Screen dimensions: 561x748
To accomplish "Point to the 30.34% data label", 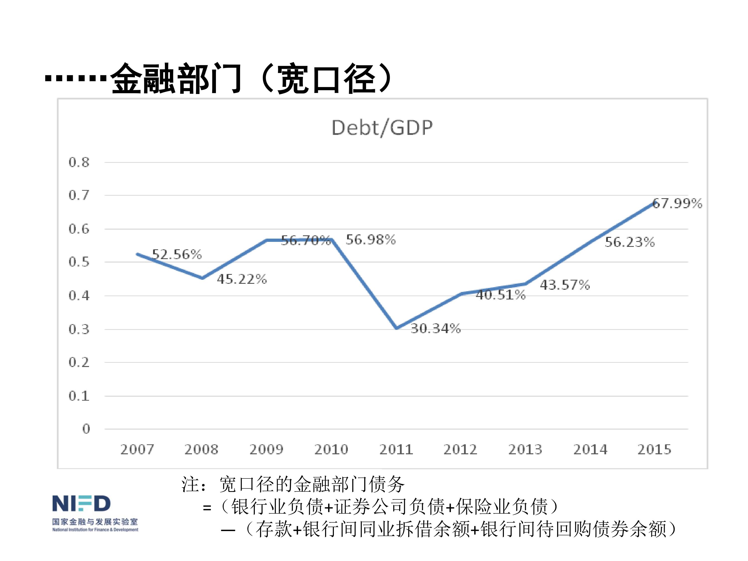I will [x=436, y=328].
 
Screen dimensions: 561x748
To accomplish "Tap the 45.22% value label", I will [x=242, y=279].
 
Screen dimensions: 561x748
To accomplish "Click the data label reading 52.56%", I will [x=177, y=254].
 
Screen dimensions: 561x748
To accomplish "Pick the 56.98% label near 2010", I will [x=371, y=240].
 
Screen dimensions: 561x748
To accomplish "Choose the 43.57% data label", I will [x=565, y=285].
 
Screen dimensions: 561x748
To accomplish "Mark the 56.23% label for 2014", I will [x=630, y=242].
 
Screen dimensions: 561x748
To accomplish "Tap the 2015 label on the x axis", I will [x=654, y=449].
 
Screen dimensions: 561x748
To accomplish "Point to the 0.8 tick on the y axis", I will [x=79, y=162].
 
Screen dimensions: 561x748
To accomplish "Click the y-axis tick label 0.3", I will [x=79, y=329].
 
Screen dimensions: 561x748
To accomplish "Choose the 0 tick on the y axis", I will [x=86, y=429].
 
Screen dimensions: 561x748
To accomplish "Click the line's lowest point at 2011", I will [x=396, y=328].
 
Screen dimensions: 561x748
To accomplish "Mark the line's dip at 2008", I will [x=202, y=278].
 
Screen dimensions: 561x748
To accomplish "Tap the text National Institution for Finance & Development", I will [x=95, y=530].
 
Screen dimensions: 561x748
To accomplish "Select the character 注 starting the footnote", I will [x=190, y=484].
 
